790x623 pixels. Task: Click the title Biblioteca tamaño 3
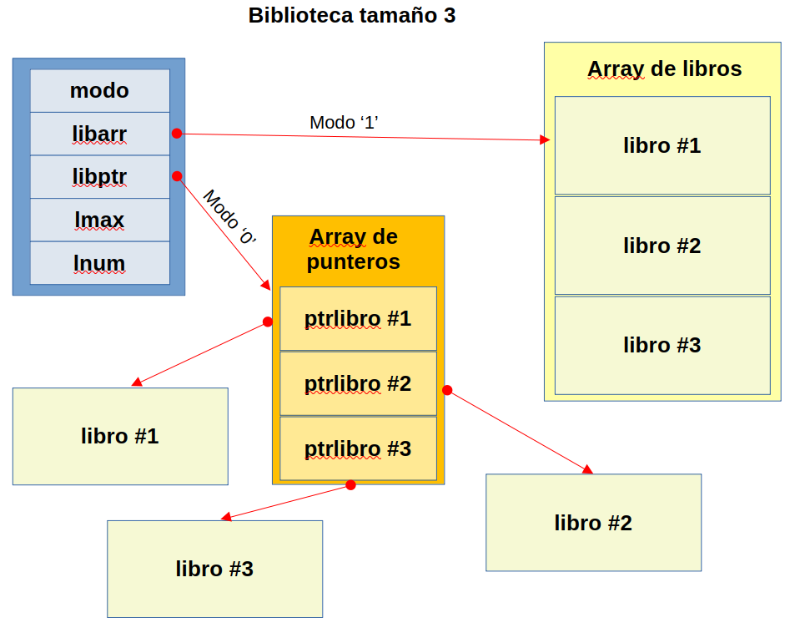[x=352, y=15]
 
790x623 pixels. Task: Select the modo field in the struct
[x=99, y=90]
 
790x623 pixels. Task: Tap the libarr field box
[x=99, y=134]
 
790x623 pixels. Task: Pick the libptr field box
[x=99, y=177]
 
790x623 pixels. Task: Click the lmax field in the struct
[x=99, y=220]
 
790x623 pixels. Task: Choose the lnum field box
[x=99, y=263]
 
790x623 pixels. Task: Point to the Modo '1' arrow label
[x=345, y=122]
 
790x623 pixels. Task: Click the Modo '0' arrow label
[x=229, y=216]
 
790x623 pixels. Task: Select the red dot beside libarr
[x=177, y=134]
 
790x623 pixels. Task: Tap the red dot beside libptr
[x=177, y=176]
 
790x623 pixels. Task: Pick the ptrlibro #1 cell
[x=358, y=319]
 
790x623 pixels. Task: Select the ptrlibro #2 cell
[x=358, y=383]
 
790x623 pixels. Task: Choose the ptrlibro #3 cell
[x=358, y=448]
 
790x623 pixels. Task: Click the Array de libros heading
[x=664, y=68]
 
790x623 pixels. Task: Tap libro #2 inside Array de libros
[x=662, y=246]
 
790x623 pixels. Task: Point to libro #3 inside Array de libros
[x=662, y=345]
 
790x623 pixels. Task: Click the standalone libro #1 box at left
[x=120, y=436]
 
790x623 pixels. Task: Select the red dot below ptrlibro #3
[x=350, y=485]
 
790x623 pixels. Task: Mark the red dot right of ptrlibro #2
[x=447, y=390]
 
